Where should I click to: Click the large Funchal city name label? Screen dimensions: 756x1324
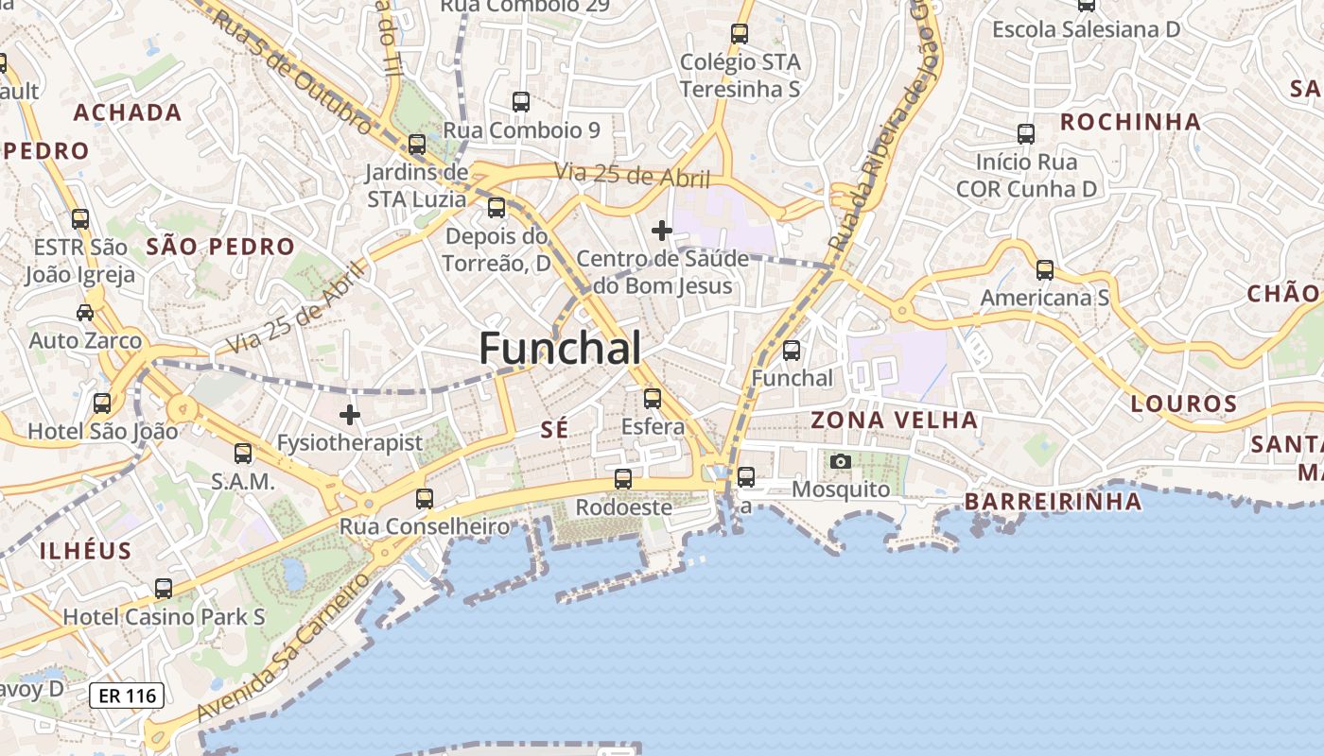click(560, 349)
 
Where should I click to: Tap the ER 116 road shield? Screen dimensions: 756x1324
click(127, 696)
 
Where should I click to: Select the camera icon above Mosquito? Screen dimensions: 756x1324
click(840, 461)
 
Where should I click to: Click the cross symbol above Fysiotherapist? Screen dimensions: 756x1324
click(350, 414)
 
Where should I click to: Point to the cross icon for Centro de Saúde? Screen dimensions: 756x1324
click(662, 230)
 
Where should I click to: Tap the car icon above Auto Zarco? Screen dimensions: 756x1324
click(85, 312)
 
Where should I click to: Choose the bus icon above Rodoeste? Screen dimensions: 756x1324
click(622, 479)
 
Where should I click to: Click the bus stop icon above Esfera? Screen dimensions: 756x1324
click(652, 399)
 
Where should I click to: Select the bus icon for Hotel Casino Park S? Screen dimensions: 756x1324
click(164, 589)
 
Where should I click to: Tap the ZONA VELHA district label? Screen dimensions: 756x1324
click(894, 420)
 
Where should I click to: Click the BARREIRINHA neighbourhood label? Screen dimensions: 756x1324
click(1053, 501)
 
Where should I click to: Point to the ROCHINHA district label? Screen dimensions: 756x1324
click(1130, 122)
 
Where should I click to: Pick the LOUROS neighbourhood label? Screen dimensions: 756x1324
click(1184, 404)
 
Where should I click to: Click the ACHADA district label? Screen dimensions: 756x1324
click(128, 113)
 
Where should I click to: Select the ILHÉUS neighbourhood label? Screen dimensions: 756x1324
click(85, 551)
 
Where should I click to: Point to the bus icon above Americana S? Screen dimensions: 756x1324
click(1044, 270)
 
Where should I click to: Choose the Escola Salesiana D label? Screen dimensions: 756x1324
click(1086, 29)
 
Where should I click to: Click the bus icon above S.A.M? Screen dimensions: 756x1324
click(243, 454)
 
